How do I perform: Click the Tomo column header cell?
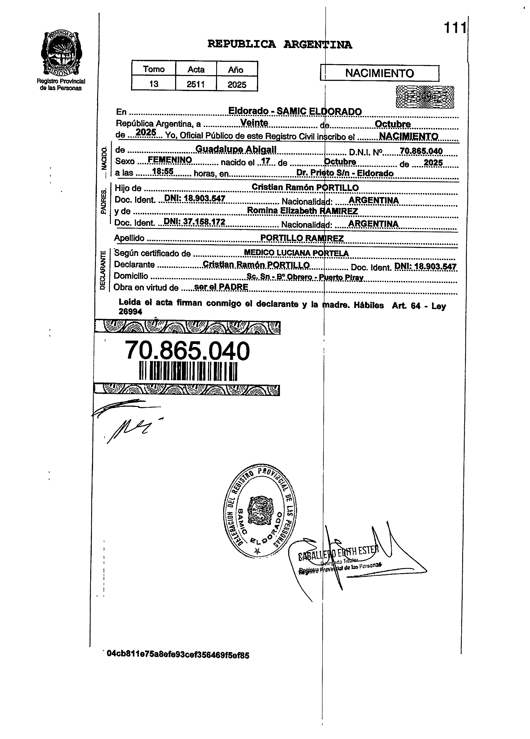(x=154, y=69)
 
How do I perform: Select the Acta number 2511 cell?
(x=196, y=84)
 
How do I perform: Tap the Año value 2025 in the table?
(x=237, y=84)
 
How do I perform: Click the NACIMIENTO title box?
(x=379, y=73)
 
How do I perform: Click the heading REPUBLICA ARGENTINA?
(x=280, y=44)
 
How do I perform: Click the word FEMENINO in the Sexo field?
(x=169, y=160)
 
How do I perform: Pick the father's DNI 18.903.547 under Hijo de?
(x=195, y=198)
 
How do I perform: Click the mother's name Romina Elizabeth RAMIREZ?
(x=302, y=211)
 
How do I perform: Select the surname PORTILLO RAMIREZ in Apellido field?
(x=302, y=238)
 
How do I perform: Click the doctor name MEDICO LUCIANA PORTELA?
(x=296, y=253)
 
